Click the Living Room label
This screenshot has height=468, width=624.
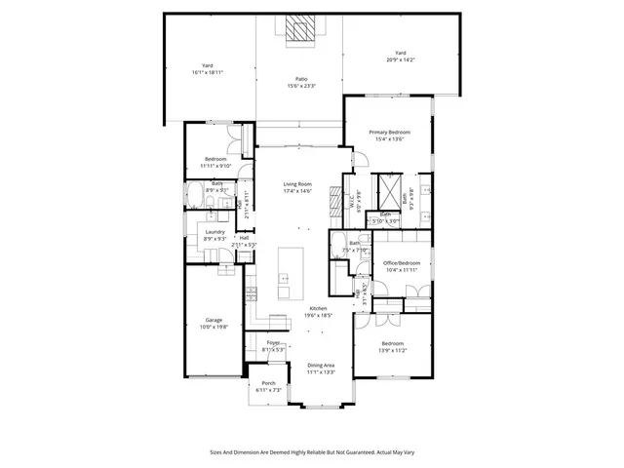297,184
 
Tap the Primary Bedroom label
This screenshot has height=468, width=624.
389,132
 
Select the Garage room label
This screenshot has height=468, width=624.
214,320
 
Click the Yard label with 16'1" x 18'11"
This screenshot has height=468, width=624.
207,65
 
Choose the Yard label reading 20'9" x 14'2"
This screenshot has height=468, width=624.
400,54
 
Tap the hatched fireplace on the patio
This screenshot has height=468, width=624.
302,30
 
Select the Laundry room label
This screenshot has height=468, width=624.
214,232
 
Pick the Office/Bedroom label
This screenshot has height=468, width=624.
401,263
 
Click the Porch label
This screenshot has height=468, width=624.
269,384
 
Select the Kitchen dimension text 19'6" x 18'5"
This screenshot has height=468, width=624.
319,315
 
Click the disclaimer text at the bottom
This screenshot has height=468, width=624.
311,452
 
